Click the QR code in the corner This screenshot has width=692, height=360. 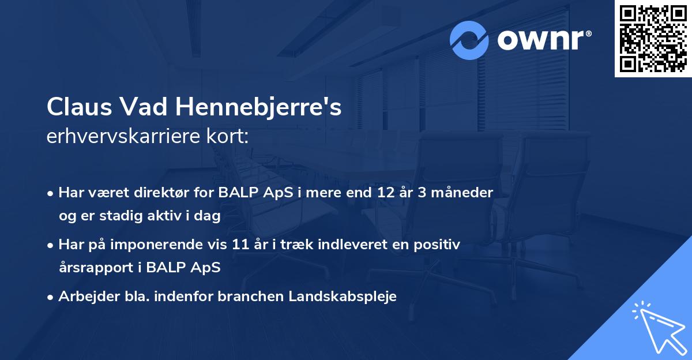point(653,39)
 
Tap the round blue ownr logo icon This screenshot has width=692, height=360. point(469,40)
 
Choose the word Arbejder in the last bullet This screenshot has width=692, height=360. point(84,297)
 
